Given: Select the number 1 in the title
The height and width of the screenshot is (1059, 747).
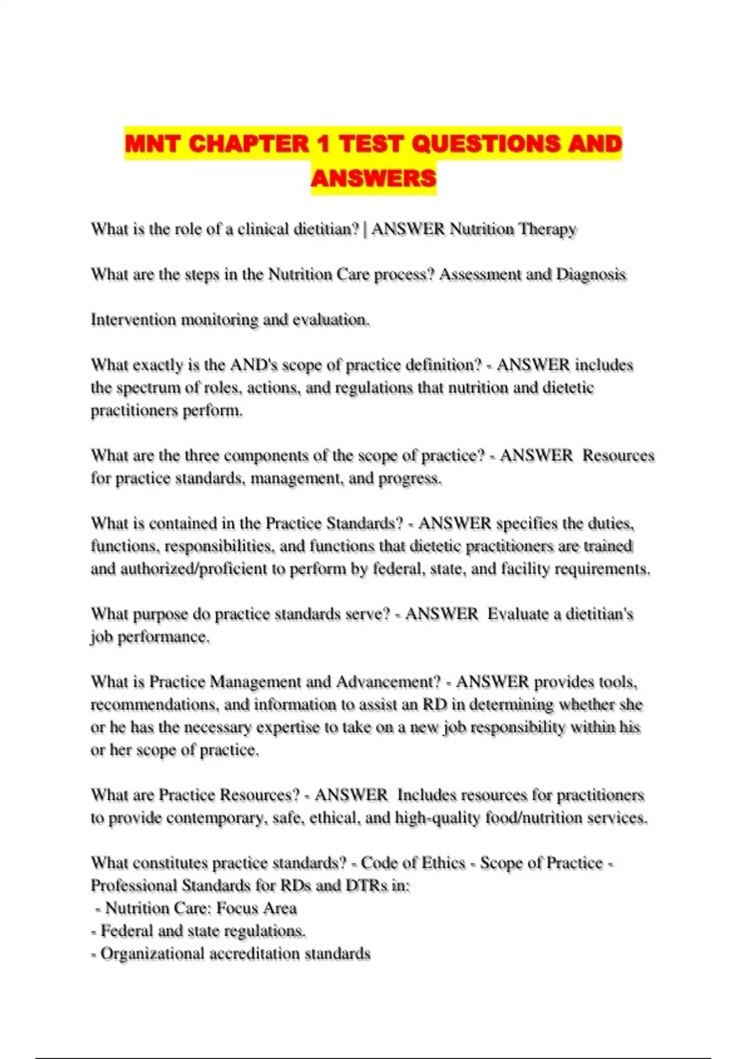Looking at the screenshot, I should point(323,144).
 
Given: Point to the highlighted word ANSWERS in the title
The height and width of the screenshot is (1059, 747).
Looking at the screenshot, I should point(374,179).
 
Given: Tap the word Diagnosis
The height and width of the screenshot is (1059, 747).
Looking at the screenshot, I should point(591,275).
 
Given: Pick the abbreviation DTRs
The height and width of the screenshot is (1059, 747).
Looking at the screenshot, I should point(367,886).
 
